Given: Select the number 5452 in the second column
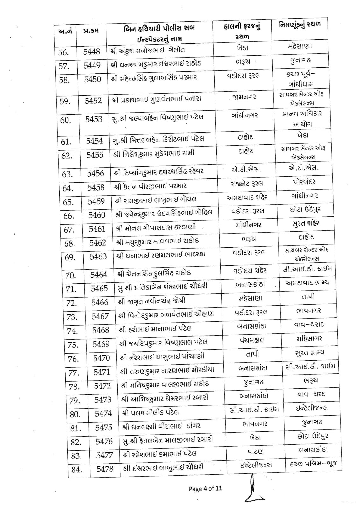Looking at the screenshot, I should [93, 101].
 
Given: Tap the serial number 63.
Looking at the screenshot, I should [67, 174].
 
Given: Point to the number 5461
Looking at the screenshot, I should [97, 229].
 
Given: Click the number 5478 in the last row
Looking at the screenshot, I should [105, 469].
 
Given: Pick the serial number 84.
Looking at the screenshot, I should [76, 470].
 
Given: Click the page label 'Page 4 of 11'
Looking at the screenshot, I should [205, 488].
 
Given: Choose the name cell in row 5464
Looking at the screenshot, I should [154, 273].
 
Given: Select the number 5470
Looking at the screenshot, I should [102, 358].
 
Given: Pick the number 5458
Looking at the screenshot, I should [96, 187].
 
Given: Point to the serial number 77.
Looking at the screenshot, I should [74, 373].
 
